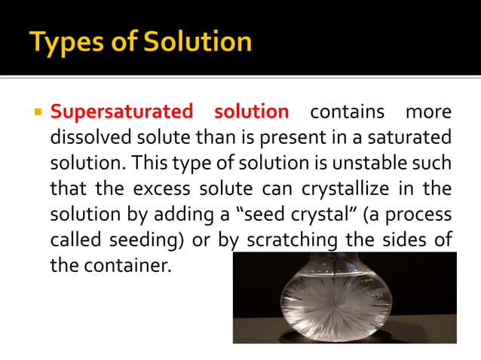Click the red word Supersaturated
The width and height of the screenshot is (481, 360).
click(x=121, y=112)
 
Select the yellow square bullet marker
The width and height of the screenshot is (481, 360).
click(x=35, y=113)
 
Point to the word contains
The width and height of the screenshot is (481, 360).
click(x=347, y=112)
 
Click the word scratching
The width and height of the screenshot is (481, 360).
click(x=287, y=239)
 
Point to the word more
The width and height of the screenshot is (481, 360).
click(x=429, y=112)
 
